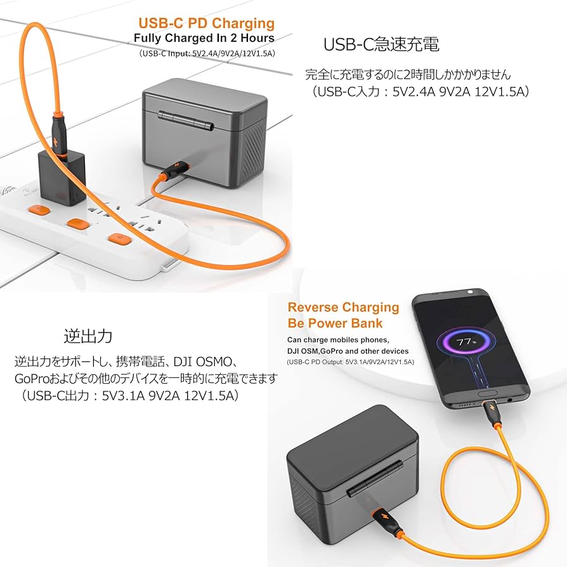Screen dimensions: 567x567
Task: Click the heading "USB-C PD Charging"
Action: coord(206,23)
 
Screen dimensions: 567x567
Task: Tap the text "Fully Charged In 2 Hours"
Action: coord(204,38)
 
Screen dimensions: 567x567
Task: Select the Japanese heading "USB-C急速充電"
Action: coord(381,44)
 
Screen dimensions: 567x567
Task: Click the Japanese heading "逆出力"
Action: coord(88,336)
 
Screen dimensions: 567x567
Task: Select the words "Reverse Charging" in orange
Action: coord(343,308)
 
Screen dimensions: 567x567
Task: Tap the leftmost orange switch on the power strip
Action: coord(39,211)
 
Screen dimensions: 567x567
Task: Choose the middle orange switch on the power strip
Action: coord(77,225)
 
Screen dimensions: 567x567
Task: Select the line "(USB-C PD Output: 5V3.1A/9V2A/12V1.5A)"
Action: coord(350,362)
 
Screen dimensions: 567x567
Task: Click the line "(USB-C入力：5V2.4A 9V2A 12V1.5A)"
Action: coord(419,91)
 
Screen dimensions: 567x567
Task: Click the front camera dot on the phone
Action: coord(471,292)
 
